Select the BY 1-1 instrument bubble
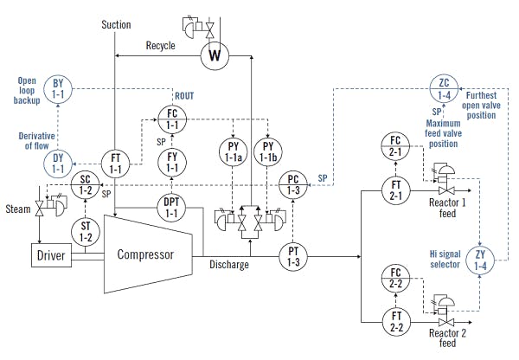click(57, 89)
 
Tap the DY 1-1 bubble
click(57, 161)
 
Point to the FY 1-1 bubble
click(172, 161)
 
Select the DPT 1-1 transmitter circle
click(172, 208)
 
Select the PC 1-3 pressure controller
click(294, 185)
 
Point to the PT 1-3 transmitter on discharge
click(294, 255)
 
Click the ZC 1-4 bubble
click(444, 89)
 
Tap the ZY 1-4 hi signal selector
click(482, 260)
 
